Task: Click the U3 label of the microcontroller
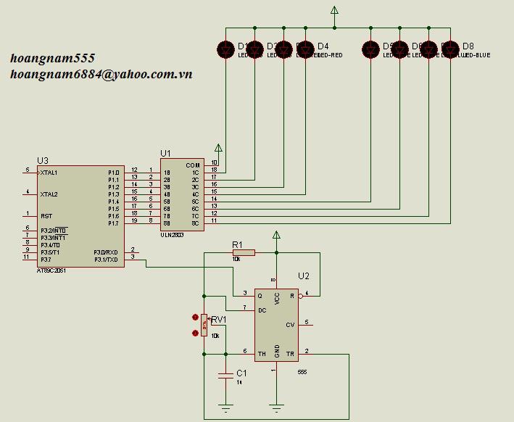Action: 43,161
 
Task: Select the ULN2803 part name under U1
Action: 172,235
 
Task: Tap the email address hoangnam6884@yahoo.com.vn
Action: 101,74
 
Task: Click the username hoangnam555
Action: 52,58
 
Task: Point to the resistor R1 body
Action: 244,252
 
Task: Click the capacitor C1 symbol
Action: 226,376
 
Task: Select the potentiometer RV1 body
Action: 205,325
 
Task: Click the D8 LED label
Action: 468,46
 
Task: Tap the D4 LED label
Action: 323,46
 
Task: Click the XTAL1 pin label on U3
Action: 49,173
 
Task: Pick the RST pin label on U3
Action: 46,216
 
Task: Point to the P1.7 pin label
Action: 114,223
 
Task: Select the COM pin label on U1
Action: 192,165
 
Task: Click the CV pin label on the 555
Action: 290,324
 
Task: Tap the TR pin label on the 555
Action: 291,354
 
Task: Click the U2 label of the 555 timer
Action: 304,276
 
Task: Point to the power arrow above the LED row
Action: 334,11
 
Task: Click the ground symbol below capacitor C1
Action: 226,407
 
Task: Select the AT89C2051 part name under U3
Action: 51,270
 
